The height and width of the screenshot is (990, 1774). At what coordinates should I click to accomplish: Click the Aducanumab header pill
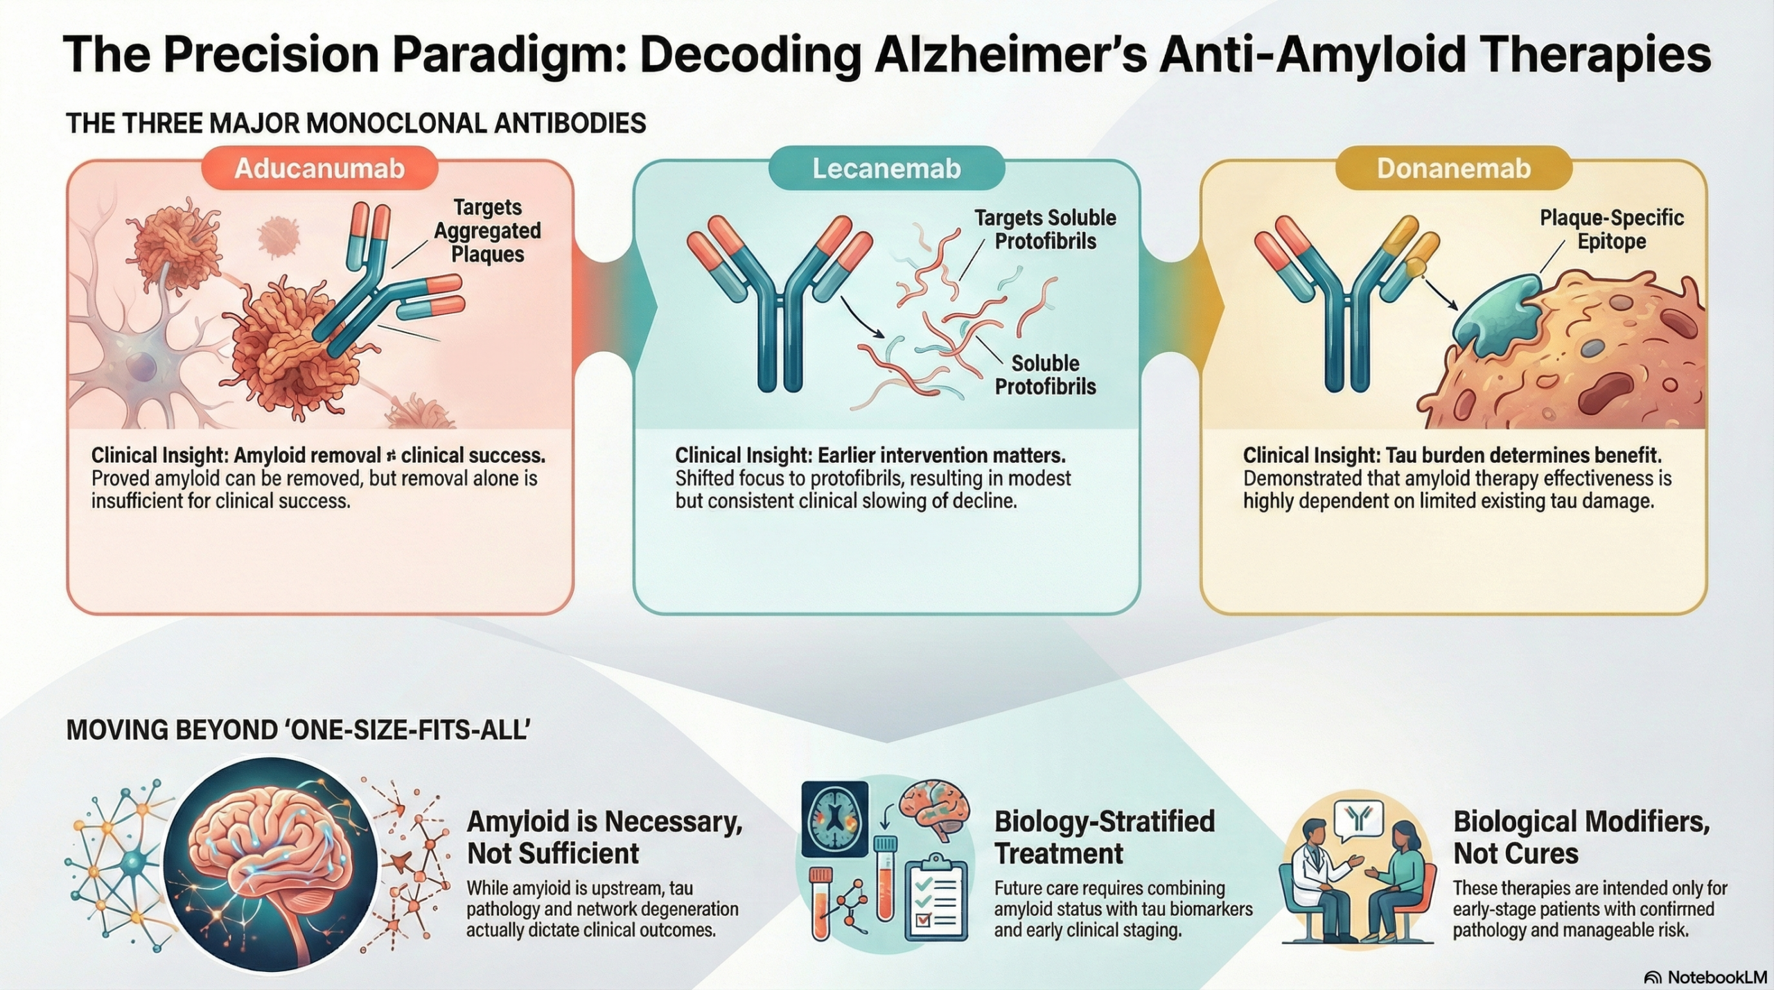point(319,168)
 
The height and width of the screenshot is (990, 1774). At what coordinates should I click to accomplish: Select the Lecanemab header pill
point(886,168)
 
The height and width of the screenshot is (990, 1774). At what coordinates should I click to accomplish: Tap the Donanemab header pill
point(1453,168)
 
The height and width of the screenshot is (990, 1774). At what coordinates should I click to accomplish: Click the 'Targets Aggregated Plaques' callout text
point(488,231)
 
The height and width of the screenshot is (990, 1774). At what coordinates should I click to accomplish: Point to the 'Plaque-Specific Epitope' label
point(1611,229)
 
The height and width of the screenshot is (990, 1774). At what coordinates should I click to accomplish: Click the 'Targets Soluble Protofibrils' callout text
point(1045,229)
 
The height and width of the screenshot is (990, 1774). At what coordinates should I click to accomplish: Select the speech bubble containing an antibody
point(1358,821)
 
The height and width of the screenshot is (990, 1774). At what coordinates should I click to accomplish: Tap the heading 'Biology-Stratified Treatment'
point(1104,837)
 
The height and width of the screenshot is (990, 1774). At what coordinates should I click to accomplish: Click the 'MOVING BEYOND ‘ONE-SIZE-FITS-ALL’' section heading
point(298,731)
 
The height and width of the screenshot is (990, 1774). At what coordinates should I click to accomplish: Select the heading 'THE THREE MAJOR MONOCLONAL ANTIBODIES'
point(356,123)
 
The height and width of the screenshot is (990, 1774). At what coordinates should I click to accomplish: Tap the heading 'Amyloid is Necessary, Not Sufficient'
point(604,837)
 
